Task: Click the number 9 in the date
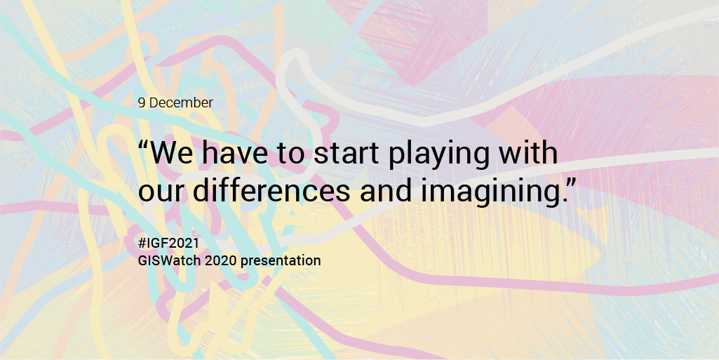click(142, 102)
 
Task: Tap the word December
click(181, 102)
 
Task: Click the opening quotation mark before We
click(143, 145)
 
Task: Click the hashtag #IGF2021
click(169, 243)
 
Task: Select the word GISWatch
click(169, 260)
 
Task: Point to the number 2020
click(221, 260)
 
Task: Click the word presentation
click(281, 261)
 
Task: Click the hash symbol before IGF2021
click(142, 243)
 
